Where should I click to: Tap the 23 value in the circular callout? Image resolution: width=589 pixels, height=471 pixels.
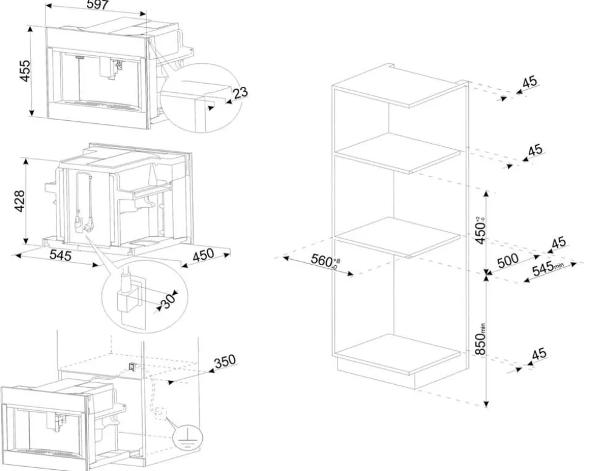(x=240, y=93)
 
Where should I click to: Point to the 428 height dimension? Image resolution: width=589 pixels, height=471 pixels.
(x=20, y=200)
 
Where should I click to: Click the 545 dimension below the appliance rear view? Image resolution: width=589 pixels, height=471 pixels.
(x=60, y=256)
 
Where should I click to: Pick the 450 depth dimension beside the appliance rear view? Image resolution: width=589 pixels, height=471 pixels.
(x=202, y=255)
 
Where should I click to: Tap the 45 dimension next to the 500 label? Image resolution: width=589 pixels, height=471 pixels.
(x=557, y=243)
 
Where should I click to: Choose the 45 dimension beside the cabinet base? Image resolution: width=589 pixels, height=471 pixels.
(x=539, y=353)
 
